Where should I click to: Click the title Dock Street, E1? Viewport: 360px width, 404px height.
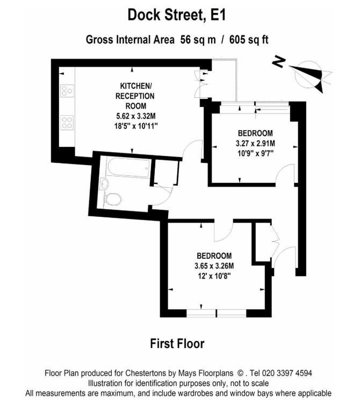pyautogui.click(x=177, y=15)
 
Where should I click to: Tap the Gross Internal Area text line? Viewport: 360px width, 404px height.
pyautogui.click(x=177, y=40)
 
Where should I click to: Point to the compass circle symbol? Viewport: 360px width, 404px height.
pyautogui.click(x=308, y=74)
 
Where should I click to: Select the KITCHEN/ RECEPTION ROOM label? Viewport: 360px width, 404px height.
pyautogui.click(x=135, y=96)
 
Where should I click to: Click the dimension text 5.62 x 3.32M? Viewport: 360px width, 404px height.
pyautogui.click(x=135, y=116)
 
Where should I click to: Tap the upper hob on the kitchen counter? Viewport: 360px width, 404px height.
pyautogui.click(x=67, y=91)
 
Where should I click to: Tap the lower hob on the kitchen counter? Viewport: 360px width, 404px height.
pyautogui.click(x=67, y=122)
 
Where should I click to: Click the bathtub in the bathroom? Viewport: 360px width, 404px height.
pyautogui.click(x=128, y=167)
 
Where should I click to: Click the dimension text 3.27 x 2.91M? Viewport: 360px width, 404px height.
pyautogui.click(x=255, y=144)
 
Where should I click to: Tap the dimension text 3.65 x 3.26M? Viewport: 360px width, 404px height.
pyautogui.click(x=214, y=266)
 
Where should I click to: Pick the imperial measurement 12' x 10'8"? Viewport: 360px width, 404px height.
pyautogui.click(x=214, y=276)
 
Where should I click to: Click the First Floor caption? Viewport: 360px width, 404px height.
pyautogui.click(x=177, y=343)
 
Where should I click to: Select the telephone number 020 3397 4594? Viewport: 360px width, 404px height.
pyautogui.click(x=286, y=373)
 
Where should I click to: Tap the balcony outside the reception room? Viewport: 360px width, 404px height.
pyautogui.click(x=224, y=80)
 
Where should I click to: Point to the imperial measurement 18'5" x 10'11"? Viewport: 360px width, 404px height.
pyautogui.click(x=135, y=126)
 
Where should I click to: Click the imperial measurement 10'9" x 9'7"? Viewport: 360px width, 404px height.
pyautogui.click(x=255, y=153)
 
